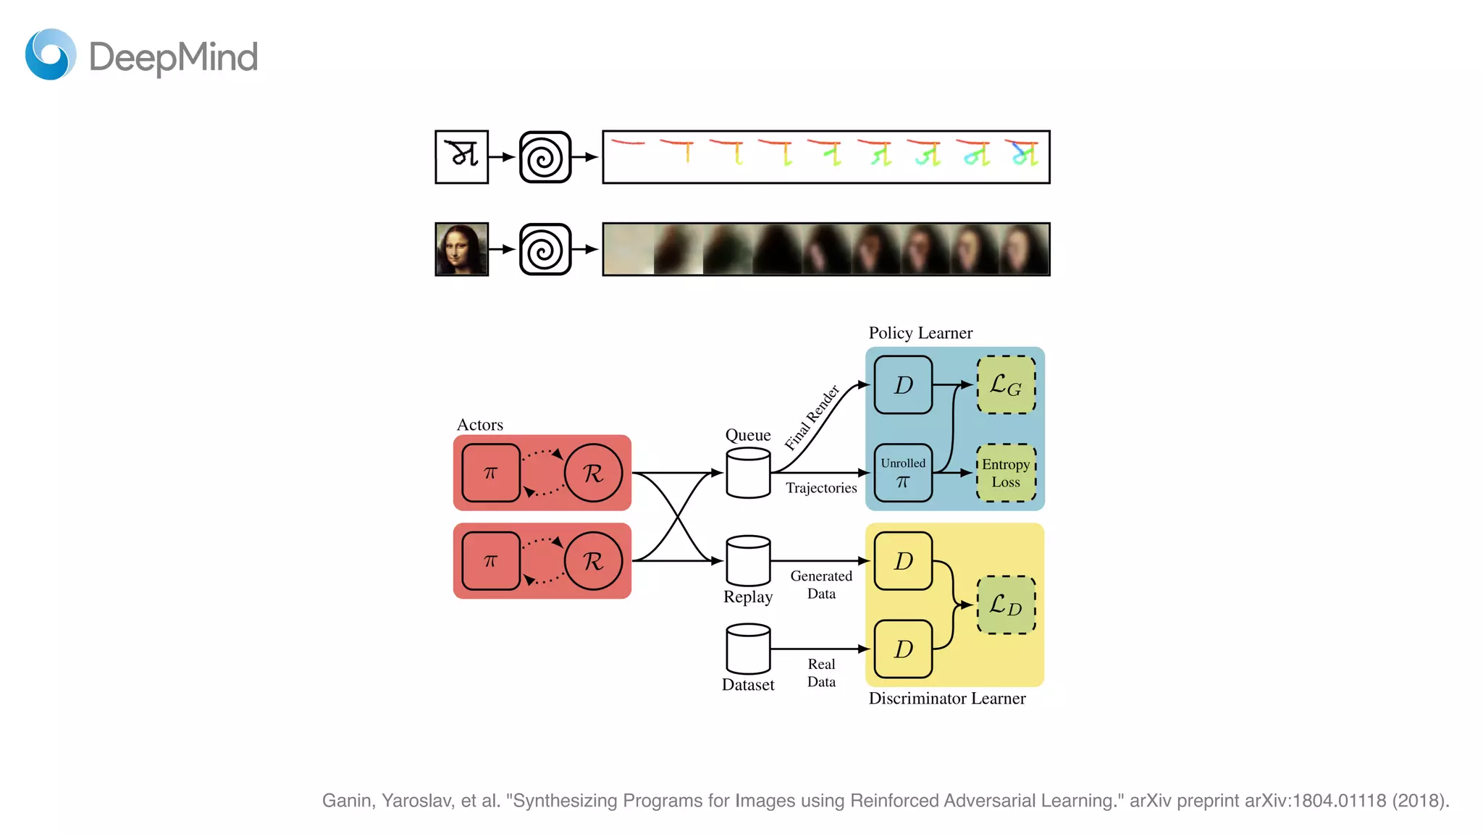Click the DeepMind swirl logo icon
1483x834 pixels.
[x=51, y=54]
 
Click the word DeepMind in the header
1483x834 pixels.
[x=173, y=57]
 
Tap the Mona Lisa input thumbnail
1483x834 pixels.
[x=461, y=249]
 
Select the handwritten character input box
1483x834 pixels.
[x=461, y=157]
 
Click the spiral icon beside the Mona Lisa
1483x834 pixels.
[x=545, y=249]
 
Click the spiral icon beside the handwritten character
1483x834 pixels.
[x=545, y=157]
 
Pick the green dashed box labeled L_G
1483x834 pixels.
[x=1006, y=385]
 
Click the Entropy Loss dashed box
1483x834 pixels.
[x=1006, y=473]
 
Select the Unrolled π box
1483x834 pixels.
[x=903, y=473]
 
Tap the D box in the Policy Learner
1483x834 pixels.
[x=903, y=385]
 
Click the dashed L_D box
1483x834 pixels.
[x=1006, y=605]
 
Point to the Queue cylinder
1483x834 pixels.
[x=748, y=473]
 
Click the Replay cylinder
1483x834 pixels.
[x=748, y=561]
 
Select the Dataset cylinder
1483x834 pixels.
[x=748, y=649]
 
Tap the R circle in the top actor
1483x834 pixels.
[x=593, y=473]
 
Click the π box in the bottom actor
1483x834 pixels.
[x=491, y=561]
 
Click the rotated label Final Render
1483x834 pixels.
[x=812, y=418]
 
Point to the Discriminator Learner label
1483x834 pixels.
[x=946, y=699]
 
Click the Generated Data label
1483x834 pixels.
[x=821, y=585]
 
